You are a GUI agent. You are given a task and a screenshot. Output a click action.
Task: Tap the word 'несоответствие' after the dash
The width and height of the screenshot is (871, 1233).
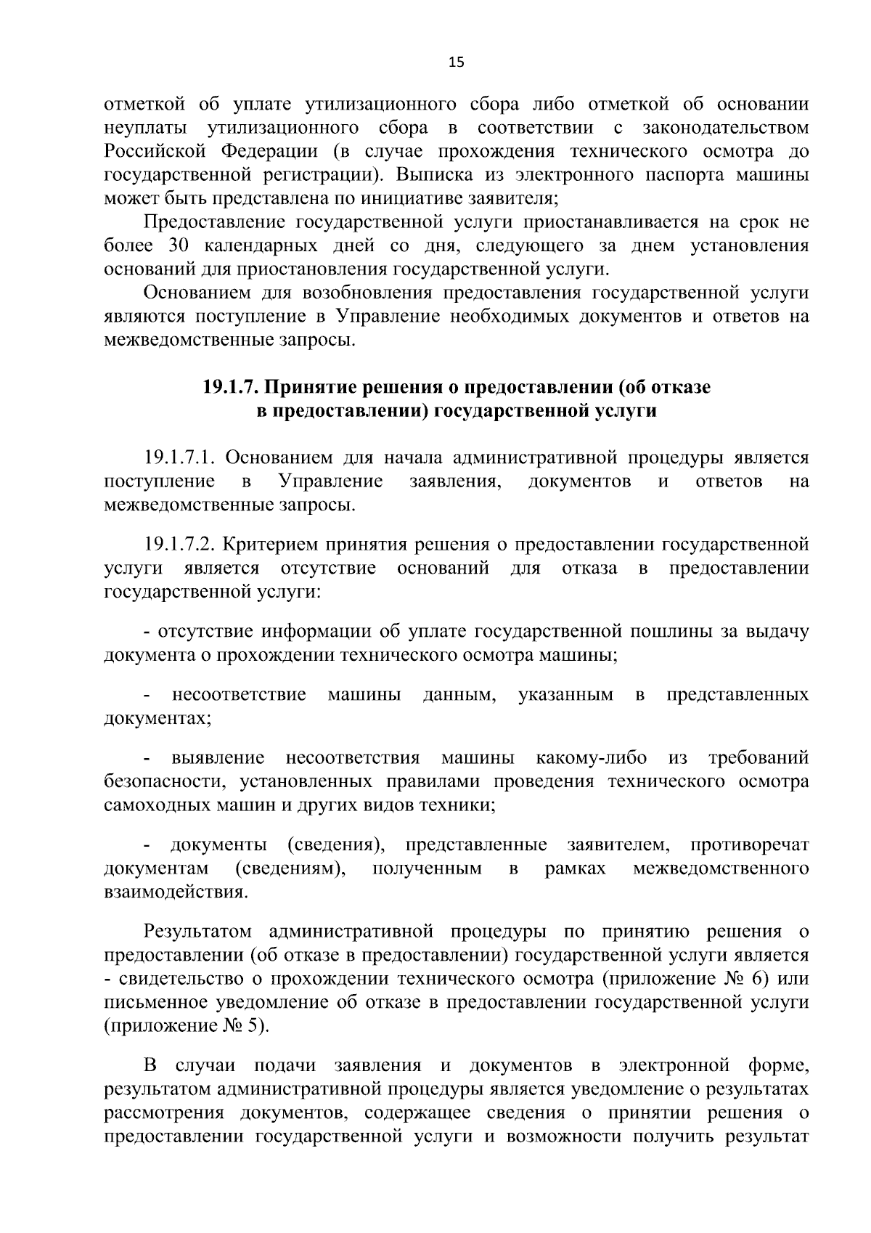pos(239,695)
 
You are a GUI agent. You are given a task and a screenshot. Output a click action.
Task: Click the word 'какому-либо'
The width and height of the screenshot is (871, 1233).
pos(591,758)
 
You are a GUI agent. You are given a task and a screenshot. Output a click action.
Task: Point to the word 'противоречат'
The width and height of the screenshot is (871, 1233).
pos(750,845)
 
